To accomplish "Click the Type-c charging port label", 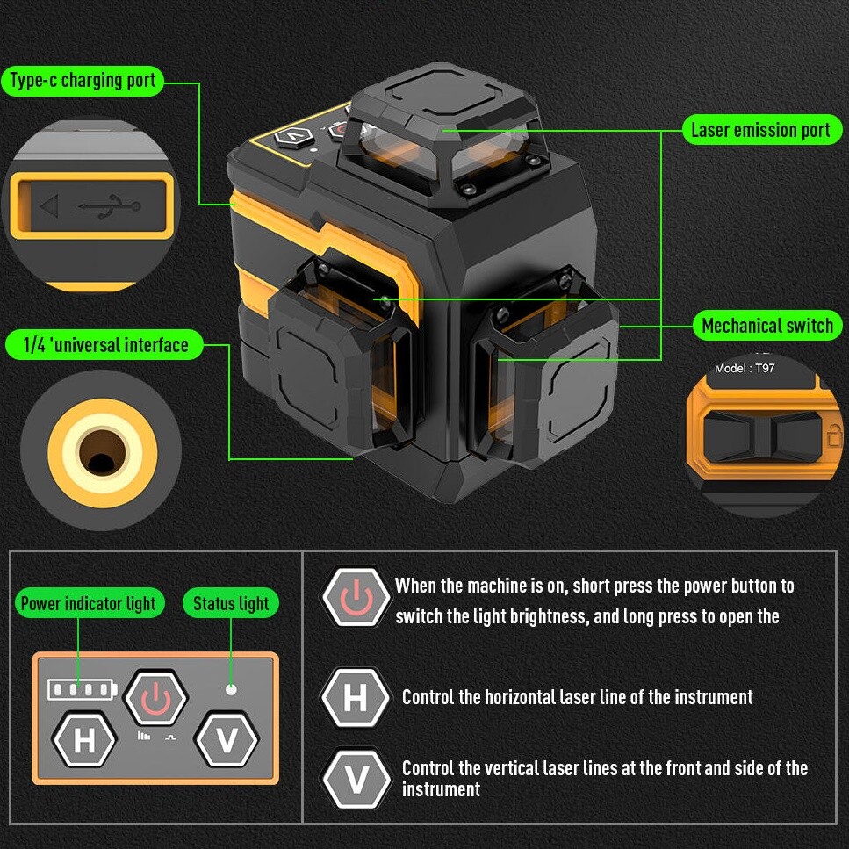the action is [x=83, y=82].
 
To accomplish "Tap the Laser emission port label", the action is [x=760, y=130].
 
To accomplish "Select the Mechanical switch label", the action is [x=767, y=326].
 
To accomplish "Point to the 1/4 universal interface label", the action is [x=105, y=345].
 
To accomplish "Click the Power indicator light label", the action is [x=89, y=603].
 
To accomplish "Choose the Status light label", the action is [x=231, y=603].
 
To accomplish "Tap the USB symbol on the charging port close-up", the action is [x=110, y=206].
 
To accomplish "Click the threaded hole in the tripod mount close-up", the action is [x=102, y=451].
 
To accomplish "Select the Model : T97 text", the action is [x=745, y=368].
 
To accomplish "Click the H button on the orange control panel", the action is [x=84, y=739].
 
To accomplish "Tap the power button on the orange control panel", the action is [x=156, y=699].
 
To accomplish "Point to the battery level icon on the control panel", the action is [x=83, y=690].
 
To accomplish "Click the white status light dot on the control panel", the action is [x=231, y=690].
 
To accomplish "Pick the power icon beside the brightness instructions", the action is [x=356, y=597].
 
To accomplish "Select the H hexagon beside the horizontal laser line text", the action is [x=356, y=698].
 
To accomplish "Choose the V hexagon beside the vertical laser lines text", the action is [x=356, y=779].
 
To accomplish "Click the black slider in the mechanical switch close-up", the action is [x=763, y=436].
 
